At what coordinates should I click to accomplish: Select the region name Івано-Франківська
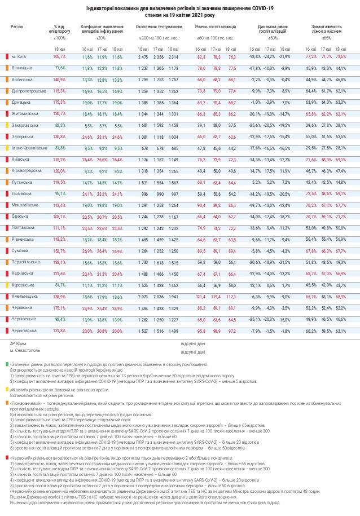(x=28, y=148)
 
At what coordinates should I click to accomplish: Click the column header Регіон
(x=17, y=27)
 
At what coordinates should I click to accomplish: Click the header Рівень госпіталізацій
(x=216, y=27)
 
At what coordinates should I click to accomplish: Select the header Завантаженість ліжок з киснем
(x=326, y=29)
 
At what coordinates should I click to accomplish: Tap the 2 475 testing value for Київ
(x=142, y=57)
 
